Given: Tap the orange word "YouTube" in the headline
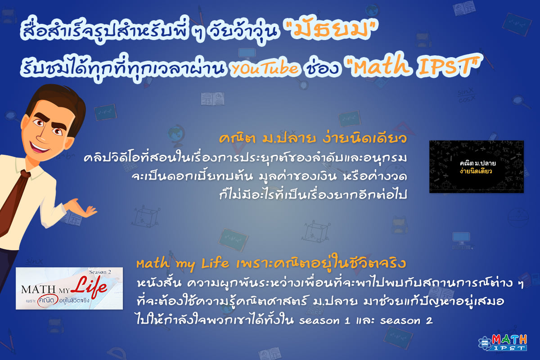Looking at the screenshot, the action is pyautogui.click(x=265, y=68).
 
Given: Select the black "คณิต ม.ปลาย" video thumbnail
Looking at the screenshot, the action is pyautogui.click(x=477, y=166).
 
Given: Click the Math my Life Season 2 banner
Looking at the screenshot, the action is pyautogui.click(x=69, y=288).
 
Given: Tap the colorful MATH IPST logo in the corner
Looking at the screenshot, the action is pyautogui.click(x=503, y=342).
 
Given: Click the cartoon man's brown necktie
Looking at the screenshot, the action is pyautogui.click(x=13, y=202).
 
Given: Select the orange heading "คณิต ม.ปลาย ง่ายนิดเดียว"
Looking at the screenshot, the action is pyautogui.click(x=313, y=139).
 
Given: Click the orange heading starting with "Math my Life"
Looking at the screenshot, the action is pyautogui.click(x=271, y=264).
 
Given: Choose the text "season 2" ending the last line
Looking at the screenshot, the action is pyautogui.click(x=406, y=321).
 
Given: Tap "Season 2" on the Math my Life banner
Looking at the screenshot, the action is pyautogui.click(x=100, y=272).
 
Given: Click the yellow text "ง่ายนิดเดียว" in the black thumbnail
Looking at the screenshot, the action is pyautogui.click(x=476, y=171).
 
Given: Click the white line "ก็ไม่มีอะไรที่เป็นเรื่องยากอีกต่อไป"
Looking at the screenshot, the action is pyautogui.click(x=313, y=194).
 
